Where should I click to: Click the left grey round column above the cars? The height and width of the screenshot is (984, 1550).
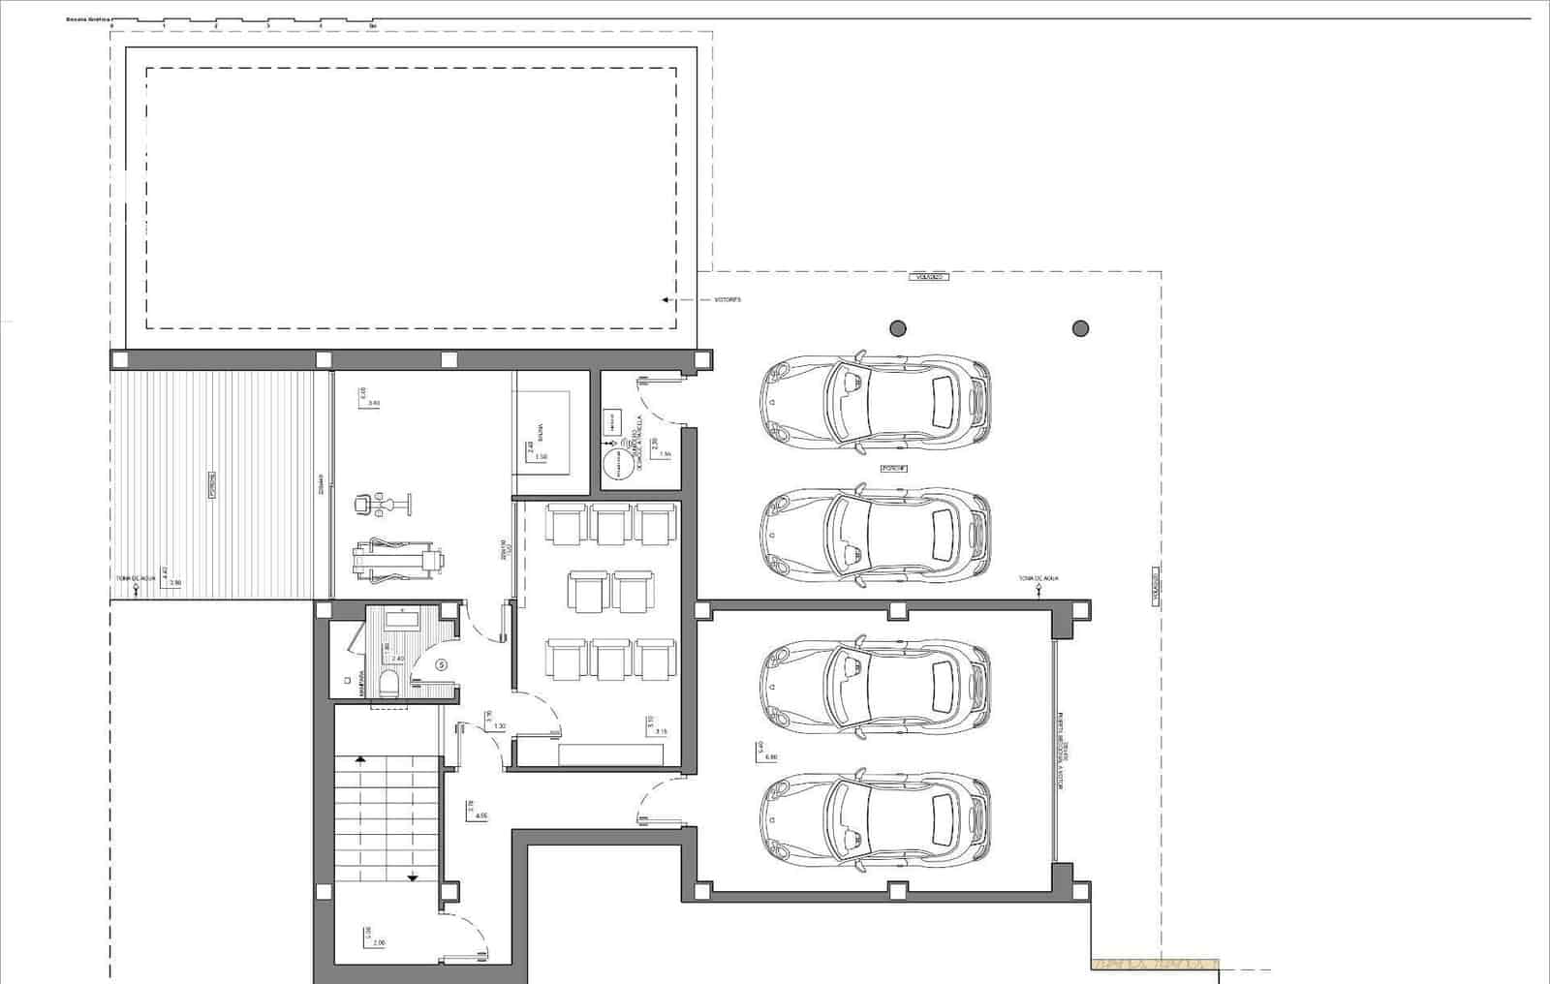[898, 328]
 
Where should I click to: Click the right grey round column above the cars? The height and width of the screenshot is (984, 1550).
[1080, 328]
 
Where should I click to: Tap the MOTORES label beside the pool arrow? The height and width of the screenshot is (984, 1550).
[727, 300]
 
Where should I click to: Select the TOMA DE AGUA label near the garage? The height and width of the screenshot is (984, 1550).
[1038, 578]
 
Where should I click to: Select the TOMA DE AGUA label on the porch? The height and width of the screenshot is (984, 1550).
[136, 578]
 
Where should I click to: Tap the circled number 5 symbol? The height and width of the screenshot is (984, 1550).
[442, 665]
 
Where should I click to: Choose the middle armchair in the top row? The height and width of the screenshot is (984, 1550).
[611, 524]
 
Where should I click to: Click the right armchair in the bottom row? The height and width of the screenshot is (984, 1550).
[656, 660]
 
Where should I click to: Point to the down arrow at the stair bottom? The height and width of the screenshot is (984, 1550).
[413, 876]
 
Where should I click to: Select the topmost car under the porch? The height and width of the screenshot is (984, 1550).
[875, 399]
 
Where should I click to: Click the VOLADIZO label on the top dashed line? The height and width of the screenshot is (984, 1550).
[927, 277]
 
